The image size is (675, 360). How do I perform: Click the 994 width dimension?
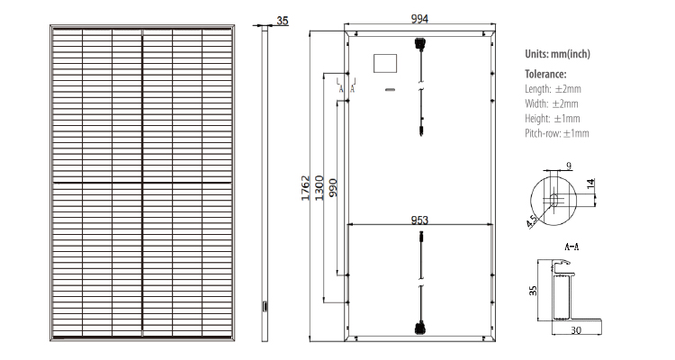coord(419,19)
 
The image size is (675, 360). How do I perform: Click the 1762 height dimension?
coord(305,188)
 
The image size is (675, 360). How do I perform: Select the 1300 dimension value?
coord(319,188)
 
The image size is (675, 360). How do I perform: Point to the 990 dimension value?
coord(333,188)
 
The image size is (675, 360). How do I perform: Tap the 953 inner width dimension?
coord(419,220)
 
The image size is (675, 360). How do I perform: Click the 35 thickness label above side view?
coord(283,20)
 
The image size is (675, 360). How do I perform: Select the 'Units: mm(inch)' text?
coord(557,54)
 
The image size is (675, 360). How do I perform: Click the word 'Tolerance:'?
coord(545,74)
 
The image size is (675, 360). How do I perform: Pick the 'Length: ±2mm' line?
coord(553,89)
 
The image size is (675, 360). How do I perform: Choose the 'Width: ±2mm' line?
coord(552,103)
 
